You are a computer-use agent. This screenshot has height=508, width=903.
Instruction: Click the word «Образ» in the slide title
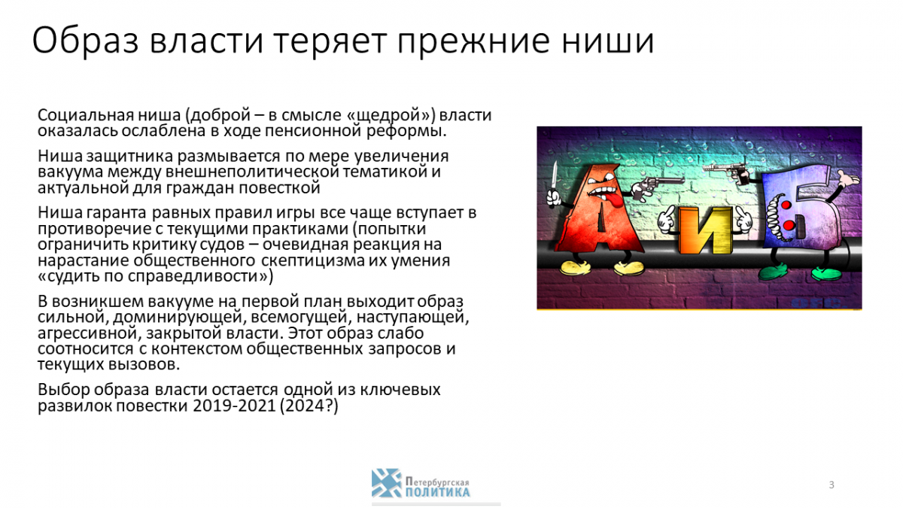click(x=85, y=41)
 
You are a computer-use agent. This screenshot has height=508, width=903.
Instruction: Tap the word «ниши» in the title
click(x=608, y=41)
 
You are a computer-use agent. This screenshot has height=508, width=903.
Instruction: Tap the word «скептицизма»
click(x=312, y=260)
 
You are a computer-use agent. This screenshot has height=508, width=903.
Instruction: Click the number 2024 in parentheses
click(x=305, y=406)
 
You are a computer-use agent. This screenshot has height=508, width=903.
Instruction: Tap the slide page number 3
click(x=832, y=485)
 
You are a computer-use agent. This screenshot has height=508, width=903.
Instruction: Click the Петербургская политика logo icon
click(x=387, y=483)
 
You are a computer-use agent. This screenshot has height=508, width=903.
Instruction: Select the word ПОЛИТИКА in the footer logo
click(x=438, y=492)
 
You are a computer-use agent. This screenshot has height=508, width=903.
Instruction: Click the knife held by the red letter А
click(x=554, y=179)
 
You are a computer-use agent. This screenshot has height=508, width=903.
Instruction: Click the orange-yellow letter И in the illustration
click(x=705, y=230)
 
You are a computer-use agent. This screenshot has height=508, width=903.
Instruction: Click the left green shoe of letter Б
click(x=773, y=271)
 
